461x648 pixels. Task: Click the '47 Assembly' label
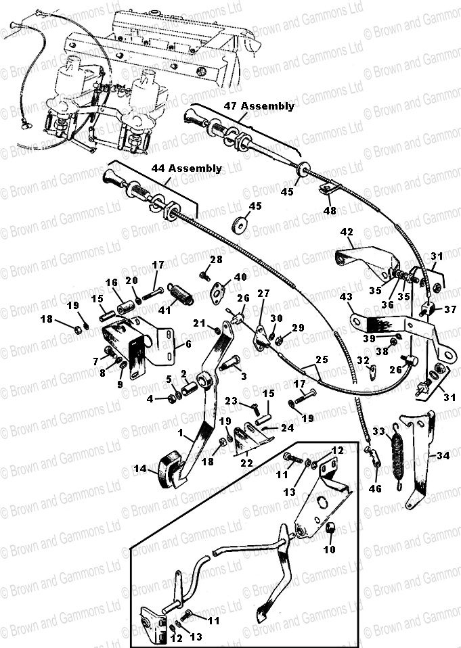click(x=259, y=106)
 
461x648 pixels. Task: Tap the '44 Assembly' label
click(x=186, y=168)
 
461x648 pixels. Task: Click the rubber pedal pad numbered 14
click(x=169, y=469)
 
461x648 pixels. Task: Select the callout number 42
click(x=347, y=232)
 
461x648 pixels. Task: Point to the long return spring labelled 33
click(x=398, y=457)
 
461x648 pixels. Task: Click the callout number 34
click(x=443, y=457)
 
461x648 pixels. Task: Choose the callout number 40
click(x=240, y=277)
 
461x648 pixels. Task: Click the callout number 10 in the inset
click(x=330, y=550)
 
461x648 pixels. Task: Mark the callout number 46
click(x=375, y=488)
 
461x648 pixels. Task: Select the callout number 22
click(x=246, y=463)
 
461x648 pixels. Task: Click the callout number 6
click(x=189, y=344)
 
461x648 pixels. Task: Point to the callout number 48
click(x=330, y=211)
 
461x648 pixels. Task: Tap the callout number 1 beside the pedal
click(x=180, y=433)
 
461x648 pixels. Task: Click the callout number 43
click(x=346, y=297)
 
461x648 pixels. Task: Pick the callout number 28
click(x=216, y=260)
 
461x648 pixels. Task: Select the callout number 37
click(x=450, y=309)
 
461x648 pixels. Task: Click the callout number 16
click(x=112, y=283)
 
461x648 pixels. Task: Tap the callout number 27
click(x=263, y=294)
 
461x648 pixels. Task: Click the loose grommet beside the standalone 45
click(x=238, y=225)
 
